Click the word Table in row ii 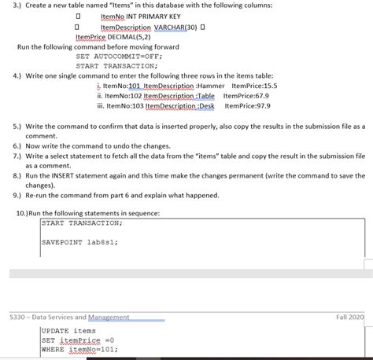204,94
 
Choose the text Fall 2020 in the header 351,316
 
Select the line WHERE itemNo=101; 79,350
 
